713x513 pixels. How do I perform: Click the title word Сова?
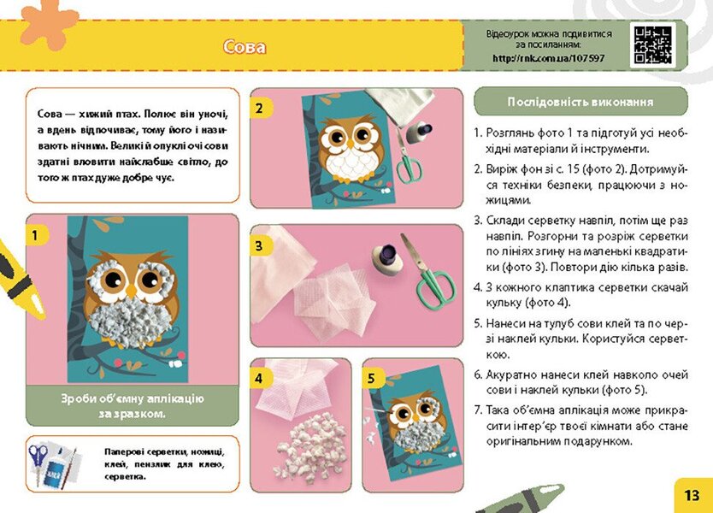pos(245,47)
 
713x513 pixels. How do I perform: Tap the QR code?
pos(651,45)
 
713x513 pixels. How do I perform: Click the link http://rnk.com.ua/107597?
pos(547,58)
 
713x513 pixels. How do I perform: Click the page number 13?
pos(692,494)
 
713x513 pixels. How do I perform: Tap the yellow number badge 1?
pos(35,233)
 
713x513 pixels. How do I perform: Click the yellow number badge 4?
pos(259,376)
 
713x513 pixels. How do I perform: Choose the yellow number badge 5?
pos(370,376)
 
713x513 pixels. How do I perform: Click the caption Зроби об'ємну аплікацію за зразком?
pos(133,406)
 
